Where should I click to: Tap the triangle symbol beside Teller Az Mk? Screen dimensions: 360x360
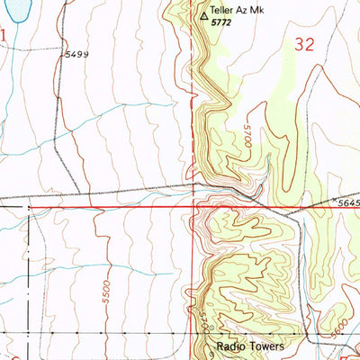coord(203,15)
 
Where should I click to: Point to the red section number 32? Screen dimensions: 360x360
coord(304,45)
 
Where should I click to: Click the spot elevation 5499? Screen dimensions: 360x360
coord(77,55)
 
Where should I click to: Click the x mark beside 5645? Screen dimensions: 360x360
coord(334,199)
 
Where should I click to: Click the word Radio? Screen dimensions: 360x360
coord(231,346)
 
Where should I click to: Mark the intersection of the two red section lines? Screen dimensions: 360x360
coord(195,206)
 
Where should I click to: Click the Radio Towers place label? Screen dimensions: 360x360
coord(249,346)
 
